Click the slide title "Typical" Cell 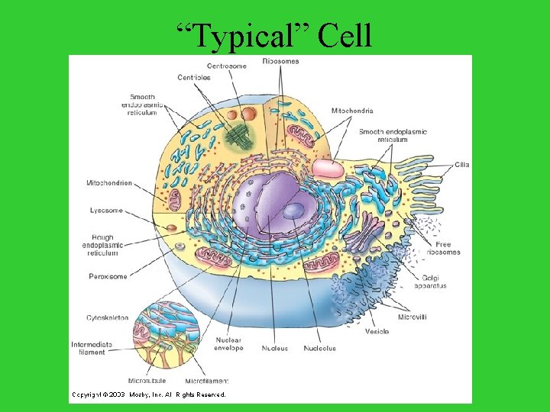pos(274,35)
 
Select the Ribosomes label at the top pos(280,60)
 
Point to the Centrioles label pos(194,78)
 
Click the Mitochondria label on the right pos(352,111)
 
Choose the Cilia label pos(461,165)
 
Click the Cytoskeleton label pos(107,317)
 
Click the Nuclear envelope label pos(228,344)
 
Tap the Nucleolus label pos(319,349)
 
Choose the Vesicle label pos(377,332)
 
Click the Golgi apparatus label pos(430,282)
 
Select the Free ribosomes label pos(444,248)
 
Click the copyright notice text pos(149,394)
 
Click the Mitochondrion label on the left pos(108,183)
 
